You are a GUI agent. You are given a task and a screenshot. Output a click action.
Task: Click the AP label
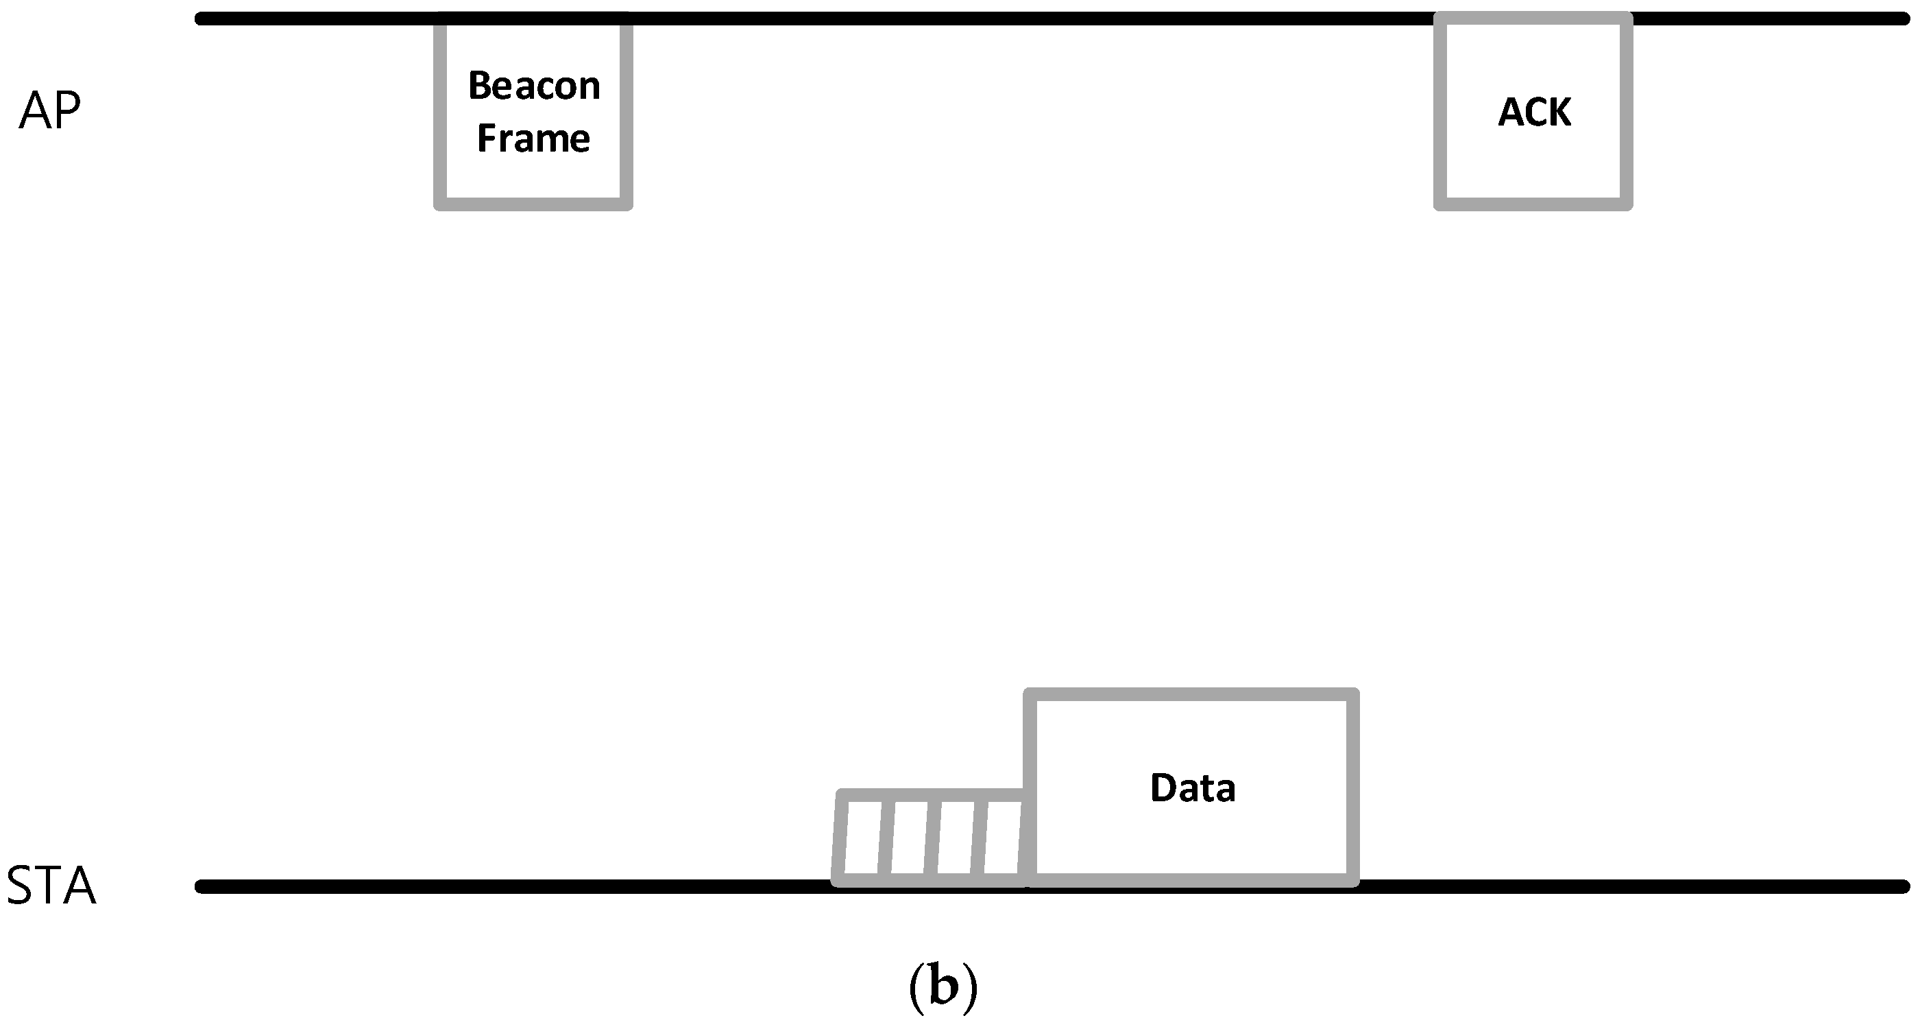(x=49, y=111)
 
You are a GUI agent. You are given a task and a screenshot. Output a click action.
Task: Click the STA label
(x=51, y=886)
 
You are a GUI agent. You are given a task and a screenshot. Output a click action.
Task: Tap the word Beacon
(x=534, y=86)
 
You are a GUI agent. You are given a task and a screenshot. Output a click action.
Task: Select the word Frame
(x=534, y=139)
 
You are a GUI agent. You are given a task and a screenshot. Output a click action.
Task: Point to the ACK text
(x=1534, y=113)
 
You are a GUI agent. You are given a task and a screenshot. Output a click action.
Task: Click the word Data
(x=1193, y=788)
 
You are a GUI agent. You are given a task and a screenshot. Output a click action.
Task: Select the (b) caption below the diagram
(x=943, y=987)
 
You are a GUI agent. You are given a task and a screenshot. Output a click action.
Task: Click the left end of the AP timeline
(x=202, y=19)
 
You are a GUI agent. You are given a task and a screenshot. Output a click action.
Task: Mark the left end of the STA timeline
(x=202, y=886)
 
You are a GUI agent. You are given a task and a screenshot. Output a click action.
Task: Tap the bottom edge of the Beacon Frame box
(x=534, y=204)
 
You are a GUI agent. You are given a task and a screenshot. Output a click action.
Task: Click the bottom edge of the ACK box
(x=1533, y=204)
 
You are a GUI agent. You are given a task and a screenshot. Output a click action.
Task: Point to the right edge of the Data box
(x=1354, y=788)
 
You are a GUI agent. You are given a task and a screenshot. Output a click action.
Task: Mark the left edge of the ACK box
(x=1440, y=112)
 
